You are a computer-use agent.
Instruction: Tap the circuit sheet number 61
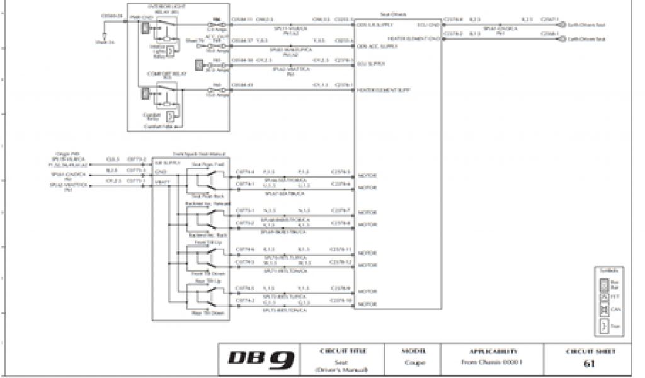click(x=590, y=364)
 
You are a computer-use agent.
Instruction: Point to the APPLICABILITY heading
click(x=493, y=351)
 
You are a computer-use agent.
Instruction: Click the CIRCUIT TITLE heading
click(x=343, y=351)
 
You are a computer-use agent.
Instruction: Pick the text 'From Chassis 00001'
click(x=493, y=364)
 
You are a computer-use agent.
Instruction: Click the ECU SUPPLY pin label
click(x=370, y=64)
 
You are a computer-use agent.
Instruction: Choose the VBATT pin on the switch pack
click(x=161, y=182)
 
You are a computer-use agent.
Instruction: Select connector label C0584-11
click(x=242, y=20)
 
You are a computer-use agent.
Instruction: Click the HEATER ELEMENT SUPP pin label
click(x=384, y=90)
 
